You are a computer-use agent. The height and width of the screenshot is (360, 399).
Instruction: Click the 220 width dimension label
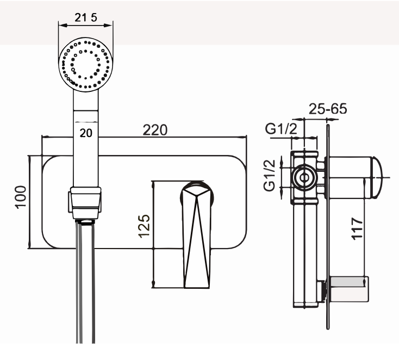click(155, 130)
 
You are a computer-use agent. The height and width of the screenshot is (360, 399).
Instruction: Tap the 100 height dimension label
click(21, 197)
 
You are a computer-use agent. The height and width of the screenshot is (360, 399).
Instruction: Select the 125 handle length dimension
click(144, 226)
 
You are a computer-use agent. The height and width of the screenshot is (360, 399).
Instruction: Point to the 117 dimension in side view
click(357, 228)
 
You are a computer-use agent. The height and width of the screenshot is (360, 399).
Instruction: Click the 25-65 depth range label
click(328, 109)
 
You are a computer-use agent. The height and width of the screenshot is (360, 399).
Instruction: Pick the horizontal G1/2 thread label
click(281, 128)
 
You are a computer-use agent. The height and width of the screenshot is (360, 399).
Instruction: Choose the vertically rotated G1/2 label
click(270, 175)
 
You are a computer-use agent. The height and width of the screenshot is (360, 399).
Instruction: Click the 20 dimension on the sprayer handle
click(86, 133)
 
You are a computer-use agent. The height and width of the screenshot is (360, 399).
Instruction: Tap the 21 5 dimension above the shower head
click(86, 17)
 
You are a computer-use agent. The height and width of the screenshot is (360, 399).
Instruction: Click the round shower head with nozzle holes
click(86, 65)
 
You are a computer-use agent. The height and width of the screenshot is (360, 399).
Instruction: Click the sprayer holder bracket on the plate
click(85, 202)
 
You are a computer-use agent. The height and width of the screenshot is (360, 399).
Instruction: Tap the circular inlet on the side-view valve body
click(304, 178)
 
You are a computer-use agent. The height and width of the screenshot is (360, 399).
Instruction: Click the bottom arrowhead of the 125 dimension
click(153, 284)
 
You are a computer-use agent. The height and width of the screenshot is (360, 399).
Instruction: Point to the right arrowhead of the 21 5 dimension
click(108, 25)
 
